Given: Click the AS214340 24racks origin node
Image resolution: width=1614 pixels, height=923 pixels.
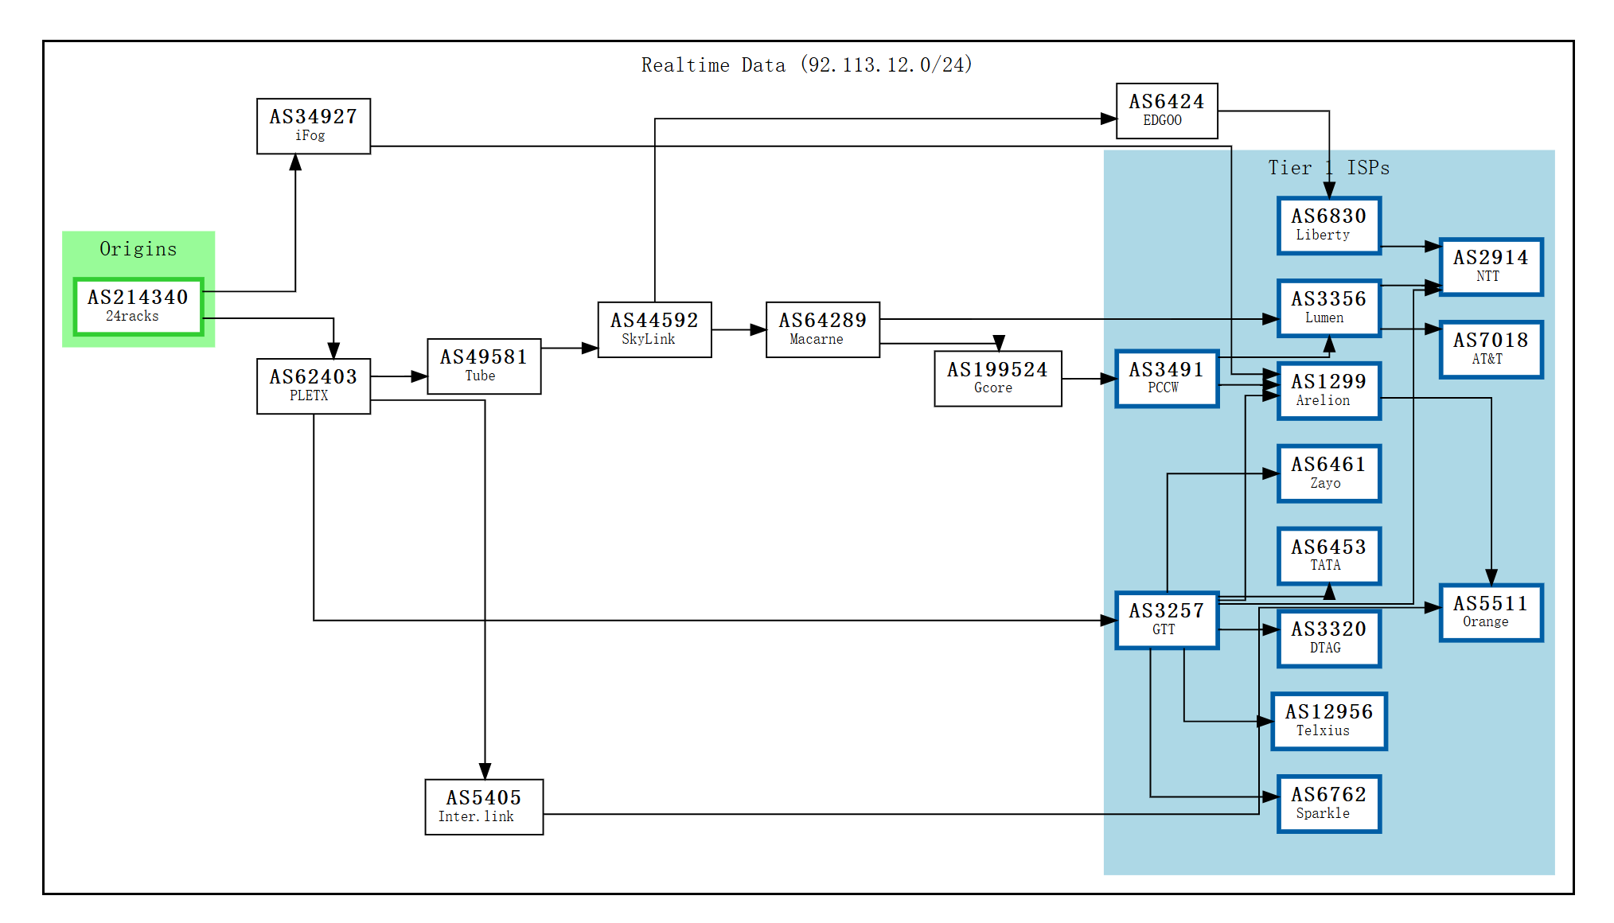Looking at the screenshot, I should (138, 306).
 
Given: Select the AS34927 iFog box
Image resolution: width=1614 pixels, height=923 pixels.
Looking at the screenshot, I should (313, 126).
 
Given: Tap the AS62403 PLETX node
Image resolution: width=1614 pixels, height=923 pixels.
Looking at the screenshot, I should (313, 386).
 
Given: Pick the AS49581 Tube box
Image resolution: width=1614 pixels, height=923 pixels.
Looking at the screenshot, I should (484, 366).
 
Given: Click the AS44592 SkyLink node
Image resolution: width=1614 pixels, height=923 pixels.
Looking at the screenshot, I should (654, 329).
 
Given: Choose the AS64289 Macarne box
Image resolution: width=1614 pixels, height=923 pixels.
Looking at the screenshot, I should (822, 329).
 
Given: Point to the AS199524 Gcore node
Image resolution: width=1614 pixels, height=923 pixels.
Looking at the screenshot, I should (997, 379).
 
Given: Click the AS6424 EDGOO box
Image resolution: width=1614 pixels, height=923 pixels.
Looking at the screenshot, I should (1166, 111).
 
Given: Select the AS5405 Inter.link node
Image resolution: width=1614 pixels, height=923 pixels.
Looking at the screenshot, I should (484, 807).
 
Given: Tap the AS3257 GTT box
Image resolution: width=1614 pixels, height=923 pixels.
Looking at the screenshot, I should (1166, 620).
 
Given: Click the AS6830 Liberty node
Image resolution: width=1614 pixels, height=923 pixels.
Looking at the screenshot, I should (1328, 225).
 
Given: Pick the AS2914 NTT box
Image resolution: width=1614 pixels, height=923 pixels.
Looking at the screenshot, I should (1490, 267).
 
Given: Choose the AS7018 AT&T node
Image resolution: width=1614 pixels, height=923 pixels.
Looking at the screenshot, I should (1490, 349).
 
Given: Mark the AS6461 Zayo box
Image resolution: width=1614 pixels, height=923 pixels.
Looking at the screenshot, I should (1328, 473).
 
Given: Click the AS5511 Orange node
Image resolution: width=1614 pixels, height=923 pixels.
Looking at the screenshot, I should (1490, 612).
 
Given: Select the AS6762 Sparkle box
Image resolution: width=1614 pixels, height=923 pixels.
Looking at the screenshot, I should (1328, 804).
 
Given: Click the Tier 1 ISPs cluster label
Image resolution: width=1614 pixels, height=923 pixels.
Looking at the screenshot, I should (1328, 168).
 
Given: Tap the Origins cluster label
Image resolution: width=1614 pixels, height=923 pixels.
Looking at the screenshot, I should (138, 249).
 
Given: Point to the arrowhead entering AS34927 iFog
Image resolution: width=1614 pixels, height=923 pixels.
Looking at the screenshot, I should (295, 162).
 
